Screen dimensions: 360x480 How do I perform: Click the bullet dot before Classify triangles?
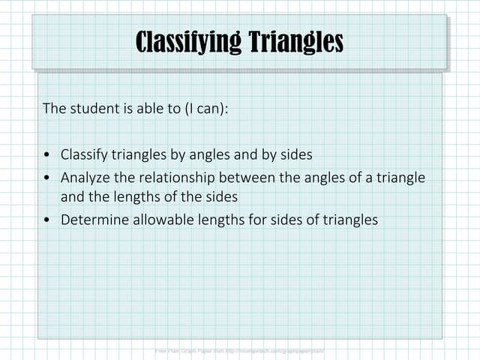(48, 155)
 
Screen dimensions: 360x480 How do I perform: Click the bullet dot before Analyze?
(48, 178)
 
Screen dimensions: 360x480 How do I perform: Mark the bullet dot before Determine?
(48, 220)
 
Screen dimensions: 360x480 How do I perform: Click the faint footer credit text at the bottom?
(240, 350)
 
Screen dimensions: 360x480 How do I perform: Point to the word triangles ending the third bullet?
(350, 220)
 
